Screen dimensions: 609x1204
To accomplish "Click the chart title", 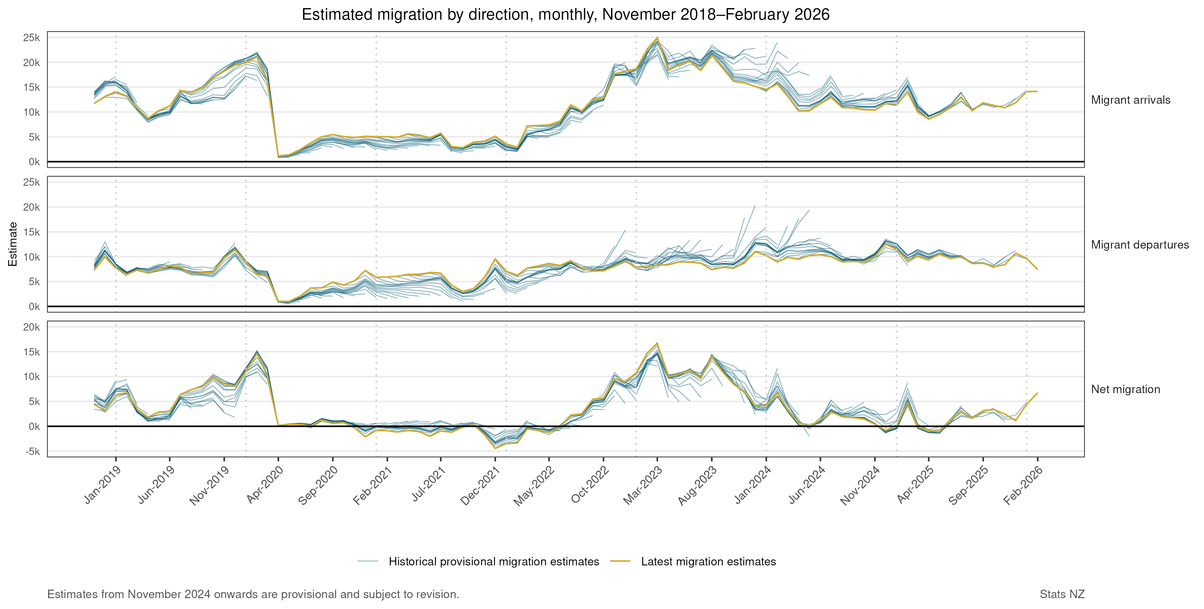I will (566, 14).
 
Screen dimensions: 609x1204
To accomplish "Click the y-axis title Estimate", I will (13, 244).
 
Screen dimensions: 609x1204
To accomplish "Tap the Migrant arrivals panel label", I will (1130, 100).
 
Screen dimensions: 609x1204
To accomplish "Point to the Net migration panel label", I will (1125, 389).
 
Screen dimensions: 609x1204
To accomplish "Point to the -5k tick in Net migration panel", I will (34, 451).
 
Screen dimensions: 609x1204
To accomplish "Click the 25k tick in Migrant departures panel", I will (32, 182).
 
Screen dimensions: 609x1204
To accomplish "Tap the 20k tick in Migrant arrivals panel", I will (32, 63).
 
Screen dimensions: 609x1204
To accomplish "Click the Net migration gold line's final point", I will (1037, 393).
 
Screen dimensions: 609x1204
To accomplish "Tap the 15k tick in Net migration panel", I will (32, 352).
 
